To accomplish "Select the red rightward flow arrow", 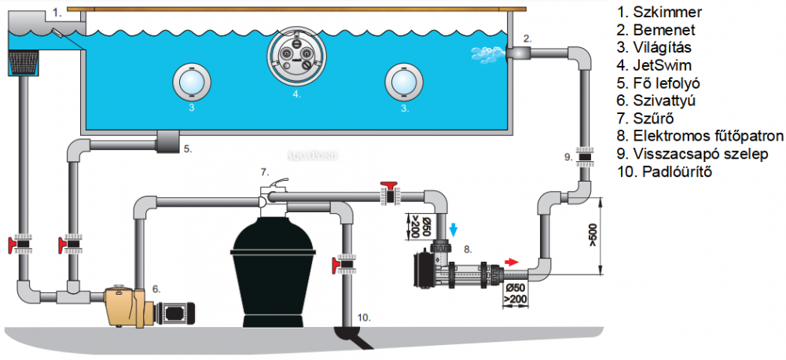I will click(x=511, y=262).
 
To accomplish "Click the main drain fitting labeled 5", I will click(x=167, y=144).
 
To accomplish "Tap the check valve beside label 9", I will click(x=583, y=156).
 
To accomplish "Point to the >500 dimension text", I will click(x=593, y=233).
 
